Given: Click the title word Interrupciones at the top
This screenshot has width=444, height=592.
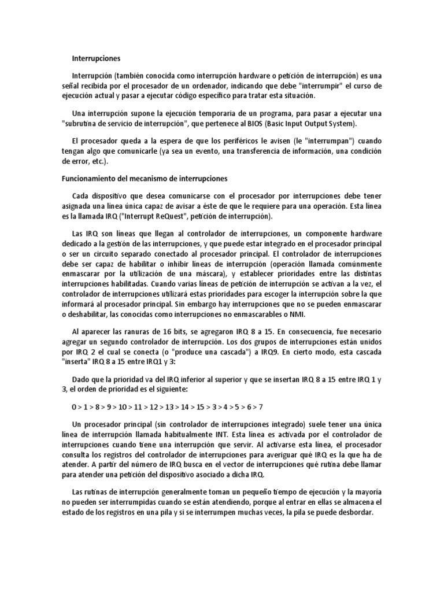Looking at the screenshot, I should tap(96, 58).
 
